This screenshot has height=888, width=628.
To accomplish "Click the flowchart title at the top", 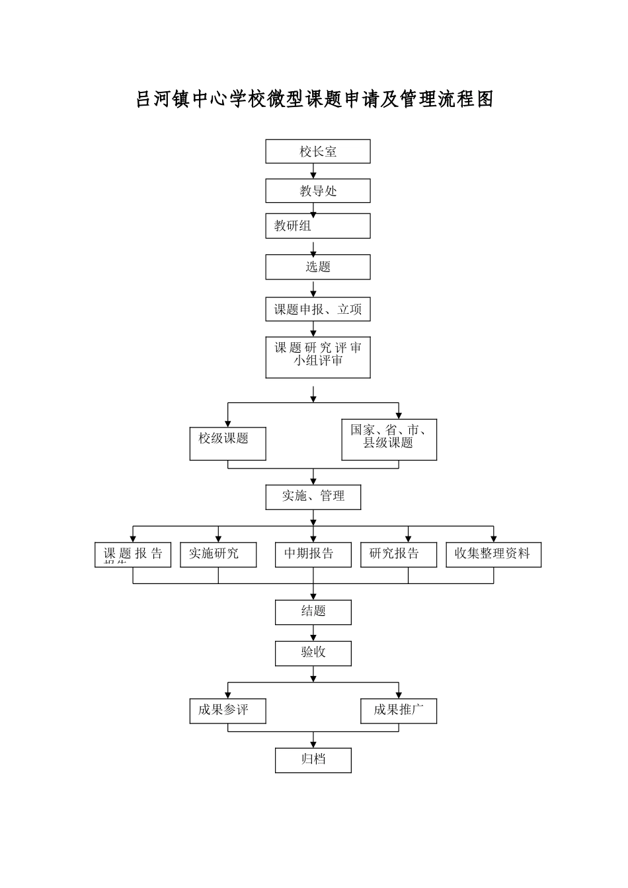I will click(x=314, y=100).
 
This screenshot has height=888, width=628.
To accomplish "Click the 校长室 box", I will click(x=318, y=151).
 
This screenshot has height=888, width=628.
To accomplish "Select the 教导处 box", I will click(x=318, y=191).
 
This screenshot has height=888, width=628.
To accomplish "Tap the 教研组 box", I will click(x=318, y=226).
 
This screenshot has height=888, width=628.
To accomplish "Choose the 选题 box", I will click(x=318, y=267).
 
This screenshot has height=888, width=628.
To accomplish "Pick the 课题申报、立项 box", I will click(x=318, y=309).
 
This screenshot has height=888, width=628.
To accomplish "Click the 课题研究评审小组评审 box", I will click(x=318, y=357).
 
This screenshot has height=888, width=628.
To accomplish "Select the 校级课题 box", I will click(x=227, y=443).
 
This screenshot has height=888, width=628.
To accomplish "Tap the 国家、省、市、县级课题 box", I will click(x=389, y=439).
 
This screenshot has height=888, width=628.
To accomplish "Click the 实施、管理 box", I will click(x=313, y=497).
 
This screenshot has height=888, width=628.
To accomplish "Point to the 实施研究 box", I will click(x=218, y=554).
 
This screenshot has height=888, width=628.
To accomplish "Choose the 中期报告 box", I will click(x=313, y=554).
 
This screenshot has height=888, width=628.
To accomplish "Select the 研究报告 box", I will click(x=399, y=554).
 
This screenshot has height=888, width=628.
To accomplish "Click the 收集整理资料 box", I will click(x=493, y=554).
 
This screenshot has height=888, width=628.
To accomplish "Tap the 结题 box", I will click(x=313, y=612).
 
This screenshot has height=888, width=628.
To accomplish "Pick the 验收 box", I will click(x=313, y=653).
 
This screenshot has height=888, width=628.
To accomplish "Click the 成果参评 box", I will click(x=227, y=711).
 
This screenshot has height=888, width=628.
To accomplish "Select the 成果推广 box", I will click(x=399, y=711).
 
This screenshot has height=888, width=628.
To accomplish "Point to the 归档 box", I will click(x=313, y=760).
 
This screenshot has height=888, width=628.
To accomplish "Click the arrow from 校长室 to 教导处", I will click(x=313, y=171).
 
